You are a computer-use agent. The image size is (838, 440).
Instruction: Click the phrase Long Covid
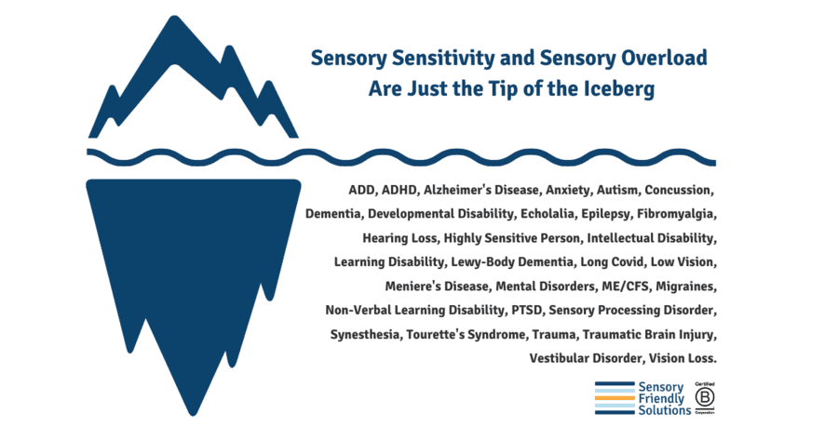point(591,261)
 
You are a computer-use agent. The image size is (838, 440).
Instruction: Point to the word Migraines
point(683,285)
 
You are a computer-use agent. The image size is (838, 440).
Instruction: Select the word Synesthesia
point(363,333)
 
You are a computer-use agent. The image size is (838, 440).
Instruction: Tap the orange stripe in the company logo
point(614,398)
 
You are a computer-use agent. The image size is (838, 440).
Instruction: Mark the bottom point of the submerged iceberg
point(192,412)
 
